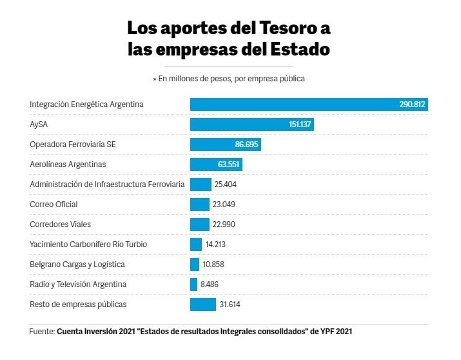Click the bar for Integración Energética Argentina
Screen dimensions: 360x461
308,105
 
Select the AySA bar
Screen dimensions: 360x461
251,125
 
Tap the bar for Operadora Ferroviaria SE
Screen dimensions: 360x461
225,145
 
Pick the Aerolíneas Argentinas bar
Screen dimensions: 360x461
215,165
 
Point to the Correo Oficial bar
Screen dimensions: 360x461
199,205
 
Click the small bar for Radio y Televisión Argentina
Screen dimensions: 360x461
193,285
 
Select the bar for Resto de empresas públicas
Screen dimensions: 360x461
202,305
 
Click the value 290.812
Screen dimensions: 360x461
413,105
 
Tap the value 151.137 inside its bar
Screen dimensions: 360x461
298,125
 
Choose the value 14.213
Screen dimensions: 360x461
215,245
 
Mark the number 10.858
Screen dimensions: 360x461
213,265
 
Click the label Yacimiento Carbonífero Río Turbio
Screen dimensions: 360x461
88,245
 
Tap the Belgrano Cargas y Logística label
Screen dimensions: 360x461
77,265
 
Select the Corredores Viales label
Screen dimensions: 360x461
60,225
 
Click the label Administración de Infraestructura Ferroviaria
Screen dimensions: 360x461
107,185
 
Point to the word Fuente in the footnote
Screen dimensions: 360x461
41,332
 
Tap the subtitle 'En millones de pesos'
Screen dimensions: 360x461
193,79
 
